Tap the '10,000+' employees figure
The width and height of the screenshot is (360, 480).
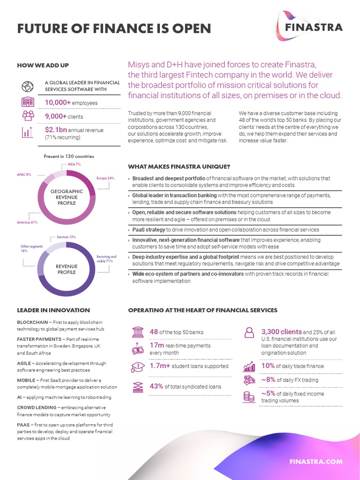pyautogui.click(x=58, y=102)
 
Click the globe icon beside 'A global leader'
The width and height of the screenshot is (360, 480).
pyautogui.click(x=27, y=86)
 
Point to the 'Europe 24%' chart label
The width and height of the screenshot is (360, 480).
pyautogui.click(x=105, y=179)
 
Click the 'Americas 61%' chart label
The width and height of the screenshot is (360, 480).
pyautogui.click(x=27, y=222)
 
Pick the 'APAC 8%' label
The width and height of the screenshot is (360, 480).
pyautogui.click(x=24, y=175)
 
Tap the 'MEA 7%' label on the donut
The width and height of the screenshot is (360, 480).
pyautogui.click(x=75, y=165)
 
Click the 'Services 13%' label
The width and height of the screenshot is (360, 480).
pyautogui.click(x=66, y=237)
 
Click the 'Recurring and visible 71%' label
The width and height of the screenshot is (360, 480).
pyautogui.click(x=106, y=259)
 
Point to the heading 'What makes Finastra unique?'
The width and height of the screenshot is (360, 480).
pyautogui.click(x=179, y=167)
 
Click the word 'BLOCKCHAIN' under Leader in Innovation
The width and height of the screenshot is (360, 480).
pyautogui.click(x=32, y=322)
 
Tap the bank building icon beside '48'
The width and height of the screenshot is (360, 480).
pyautogui.click(x=138, y=332)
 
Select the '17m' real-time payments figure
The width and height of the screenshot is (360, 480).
pyautogui.click(x=157, y=345)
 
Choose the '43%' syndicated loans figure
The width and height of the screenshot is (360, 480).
pyautogui.click(x=156, y=387)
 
